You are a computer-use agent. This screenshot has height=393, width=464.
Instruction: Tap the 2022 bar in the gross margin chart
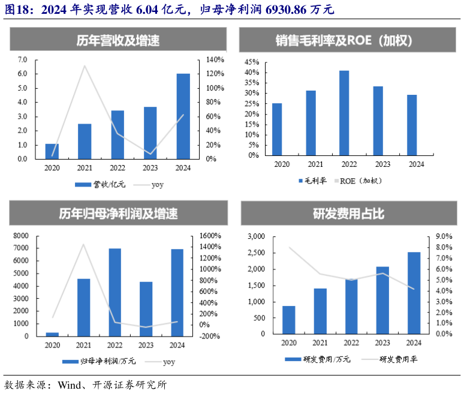click(x=344, y=113)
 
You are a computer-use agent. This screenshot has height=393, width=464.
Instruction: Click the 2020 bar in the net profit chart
click(x=52, y=334)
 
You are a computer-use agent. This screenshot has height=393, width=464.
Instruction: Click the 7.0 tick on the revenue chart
click(x=23, y=59)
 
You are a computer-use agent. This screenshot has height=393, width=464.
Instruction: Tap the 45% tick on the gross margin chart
click(x=251, y=62)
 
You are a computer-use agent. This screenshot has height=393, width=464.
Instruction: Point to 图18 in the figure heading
click(x=16, y=9)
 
